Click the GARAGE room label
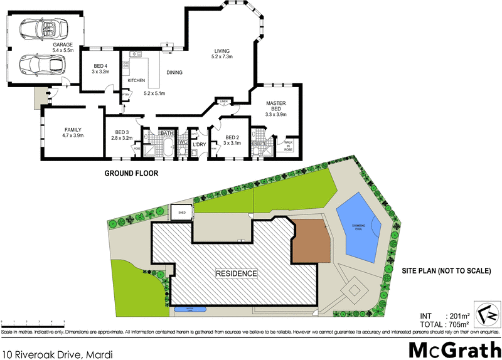(x=63, y=45)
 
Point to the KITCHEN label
(x=136, y=81)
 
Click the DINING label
(x=174, y=73)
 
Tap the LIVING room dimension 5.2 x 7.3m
(x=222, y=57)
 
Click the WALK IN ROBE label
(x=288, y=146)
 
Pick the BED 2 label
(x=232, y=137)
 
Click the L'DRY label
(x=200, y=145)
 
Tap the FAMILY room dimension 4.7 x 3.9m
(x=73, y=135)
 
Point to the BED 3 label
(x=122, y=132)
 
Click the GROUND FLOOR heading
(x=131, y=173)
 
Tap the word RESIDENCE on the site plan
(x=237, y=273)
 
